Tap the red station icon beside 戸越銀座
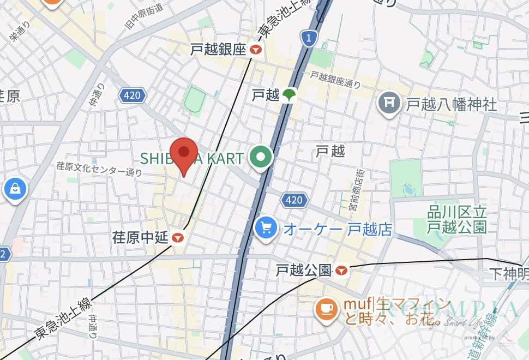pos(256,50)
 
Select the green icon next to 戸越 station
pos(288,95)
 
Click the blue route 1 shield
pos(308,38)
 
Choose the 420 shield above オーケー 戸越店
pos(293,200)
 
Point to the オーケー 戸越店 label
pos(338,229)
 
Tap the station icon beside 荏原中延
pos(177,238)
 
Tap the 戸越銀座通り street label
pos(335,80)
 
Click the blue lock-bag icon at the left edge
pos(15,189)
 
